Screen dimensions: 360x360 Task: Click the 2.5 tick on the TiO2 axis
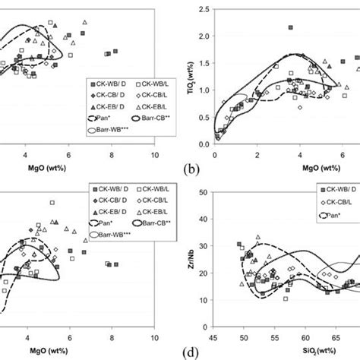point(203,9)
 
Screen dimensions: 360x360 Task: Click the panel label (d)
point(186,353)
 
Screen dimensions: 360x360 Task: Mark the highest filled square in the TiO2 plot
point(290,27)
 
